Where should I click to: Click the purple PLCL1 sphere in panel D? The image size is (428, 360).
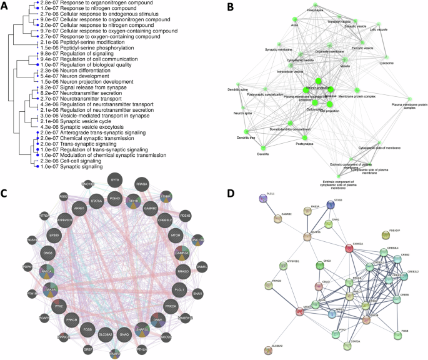click(261, 199)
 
